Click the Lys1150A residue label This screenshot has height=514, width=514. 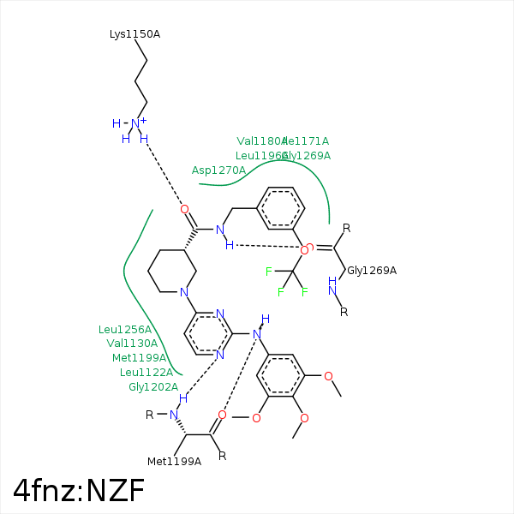pyautogui.click(x=134, y=34)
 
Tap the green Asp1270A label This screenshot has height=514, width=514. pyautogui.click(x=218, y=170)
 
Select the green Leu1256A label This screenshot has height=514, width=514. pyautogui.click(x=125, y=329)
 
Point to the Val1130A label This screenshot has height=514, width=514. pyautogui.click(x=132, y=344)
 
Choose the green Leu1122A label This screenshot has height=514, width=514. pyautogui.click(x=146, y=373)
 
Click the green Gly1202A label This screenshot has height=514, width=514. pyautogui.click(x=153, y=387)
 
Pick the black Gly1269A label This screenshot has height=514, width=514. pyautogui.click(x=372, y=271)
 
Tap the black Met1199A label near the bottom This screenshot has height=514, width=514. pyautogui.click(x=174, y=462)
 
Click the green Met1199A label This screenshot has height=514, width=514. pyautogui.click(x=139, y=358)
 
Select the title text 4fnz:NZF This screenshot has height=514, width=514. pyautogui.click(x=79, y=490)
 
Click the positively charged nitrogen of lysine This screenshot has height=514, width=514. pyautogui.click(x=135, y=123)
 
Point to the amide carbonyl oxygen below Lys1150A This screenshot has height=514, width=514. pyautogui.click(x=184, y=209)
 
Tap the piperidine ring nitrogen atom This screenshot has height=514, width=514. pyautogui.click(x=185, y=293)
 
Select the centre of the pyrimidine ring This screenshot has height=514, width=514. pyautogui.click(x=206, y=335)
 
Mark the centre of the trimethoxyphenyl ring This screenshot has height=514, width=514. pyautogui.click(x=282, y=376)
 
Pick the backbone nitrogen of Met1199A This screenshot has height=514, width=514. pyautogui.click(x=174, y=415)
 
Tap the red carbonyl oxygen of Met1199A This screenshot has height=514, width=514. pyautogui.click(x=222, y=415)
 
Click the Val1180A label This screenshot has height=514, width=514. pyautogui.click(x=260, y=140)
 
